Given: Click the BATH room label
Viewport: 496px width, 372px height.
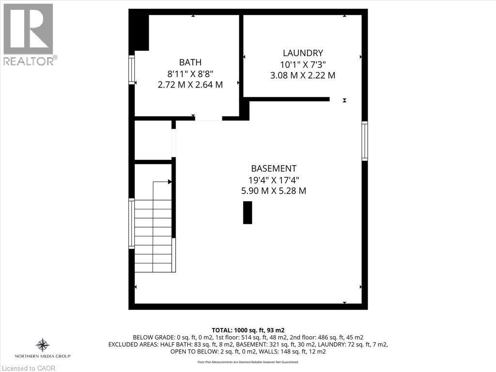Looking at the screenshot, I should [190, 62].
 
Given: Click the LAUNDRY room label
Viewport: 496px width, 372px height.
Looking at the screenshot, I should [303, 53].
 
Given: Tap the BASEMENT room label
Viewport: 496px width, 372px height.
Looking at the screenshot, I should [274, 169].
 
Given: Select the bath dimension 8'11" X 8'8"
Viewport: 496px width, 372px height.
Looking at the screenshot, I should [190, 73].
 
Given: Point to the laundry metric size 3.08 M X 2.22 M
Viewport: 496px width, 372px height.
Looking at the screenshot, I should [303, 76].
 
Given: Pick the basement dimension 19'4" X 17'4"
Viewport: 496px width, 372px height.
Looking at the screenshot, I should [274, 180].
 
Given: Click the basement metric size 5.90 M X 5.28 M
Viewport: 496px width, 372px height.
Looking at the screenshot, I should [274, 191].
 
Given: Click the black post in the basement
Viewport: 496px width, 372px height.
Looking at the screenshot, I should [248, 213].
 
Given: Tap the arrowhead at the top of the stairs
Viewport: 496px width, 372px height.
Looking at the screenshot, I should [170, 182].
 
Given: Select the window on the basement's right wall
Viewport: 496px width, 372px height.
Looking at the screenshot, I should [365, 141].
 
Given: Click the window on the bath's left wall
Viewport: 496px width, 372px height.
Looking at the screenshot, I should [131, 70].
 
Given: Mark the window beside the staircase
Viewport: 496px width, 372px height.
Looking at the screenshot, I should [131, 224].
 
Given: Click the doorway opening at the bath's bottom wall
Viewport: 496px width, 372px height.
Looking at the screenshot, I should [209, 119].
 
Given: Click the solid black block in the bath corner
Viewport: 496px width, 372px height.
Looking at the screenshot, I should [141, 32].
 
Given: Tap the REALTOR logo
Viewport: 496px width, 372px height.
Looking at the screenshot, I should [29, 34].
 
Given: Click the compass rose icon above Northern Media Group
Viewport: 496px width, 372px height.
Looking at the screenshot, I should [43, 345].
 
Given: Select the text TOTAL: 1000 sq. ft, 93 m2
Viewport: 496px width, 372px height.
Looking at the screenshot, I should [248, 330].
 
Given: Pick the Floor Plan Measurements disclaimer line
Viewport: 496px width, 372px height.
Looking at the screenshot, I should [248, 362].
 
